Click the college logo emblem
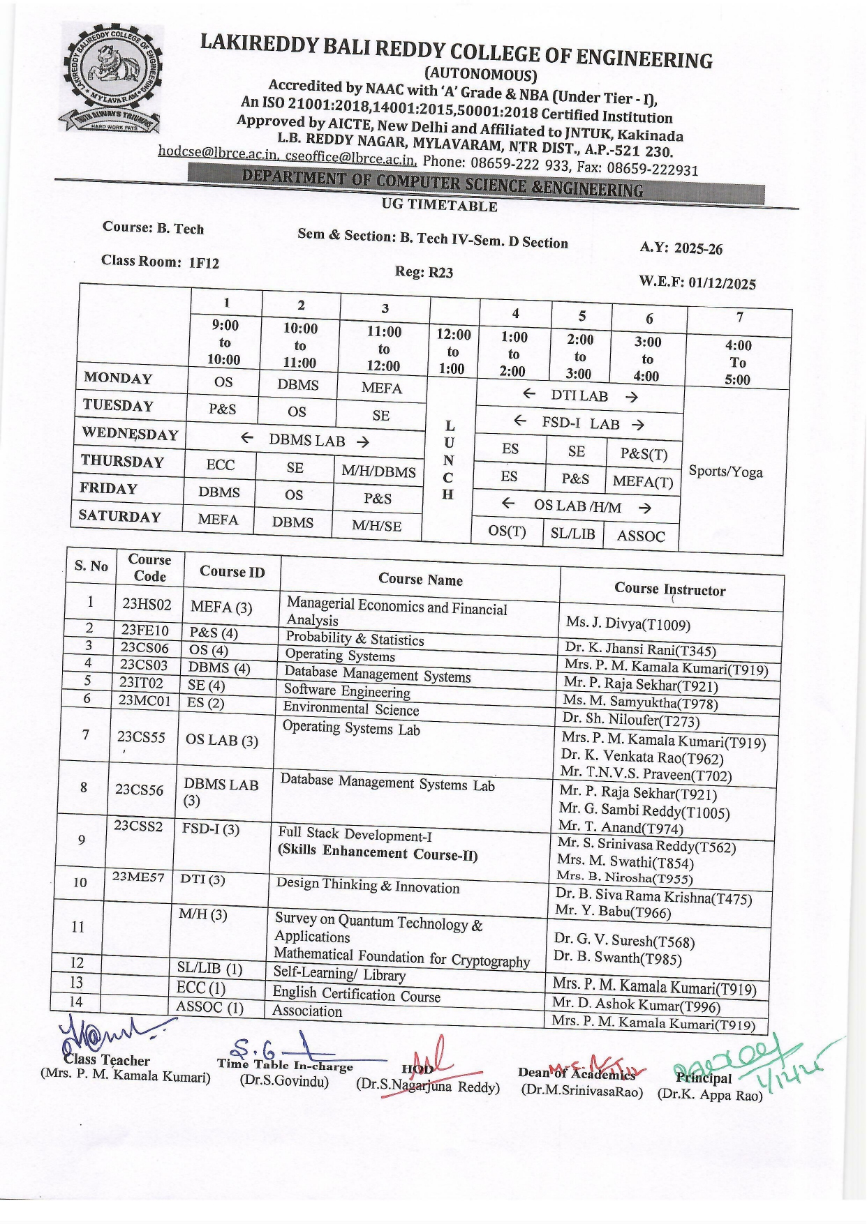click(112, 79)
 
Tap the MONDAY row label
click(118, 378)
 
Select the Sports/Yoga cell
click(726, 471)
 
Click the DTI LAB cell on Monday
click(579, 395)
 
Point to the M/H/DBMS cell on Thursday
click(378, 471)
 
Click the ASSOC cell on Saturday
click(641, 536)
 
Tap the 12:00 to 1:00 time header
click(453, 351)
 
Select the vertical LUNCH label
click(449, 460)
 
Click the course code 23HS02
click(147, 604)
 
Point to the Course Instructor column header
click(669, 589)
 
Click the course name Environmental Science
click(350, 709)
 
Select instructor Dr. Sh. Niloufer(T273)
click(630, 719)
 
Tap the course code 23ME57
click(138, 877)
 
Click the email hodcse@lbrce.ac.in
click(218, 152)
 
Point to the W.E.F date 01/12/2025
click(722, 283)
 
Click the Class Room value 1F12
click(204, 263)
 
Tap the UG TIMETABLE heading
click(440, 205)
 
